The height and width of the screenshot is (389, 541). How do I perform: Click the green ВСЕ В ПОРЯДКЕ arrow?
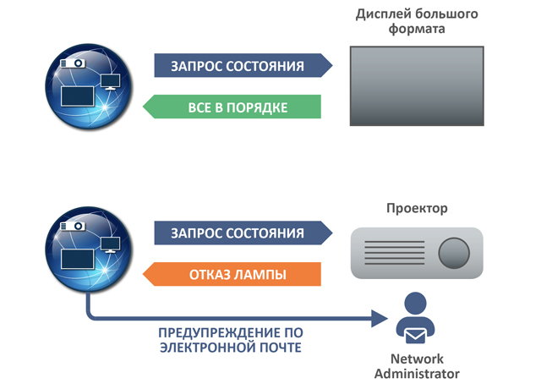coord(232,107)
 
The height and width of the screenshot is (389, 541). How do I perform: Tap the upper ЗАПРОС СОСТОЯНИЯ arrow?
coord(242,67)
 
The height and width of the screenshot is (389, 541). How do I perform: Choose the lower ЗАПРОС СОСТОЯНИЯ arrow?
coord(242,233)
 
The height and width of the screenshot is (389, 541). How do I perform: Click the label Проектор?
coord(417,207)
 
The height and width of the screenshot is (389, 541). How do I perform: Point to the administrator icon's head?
coord(414,302)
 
